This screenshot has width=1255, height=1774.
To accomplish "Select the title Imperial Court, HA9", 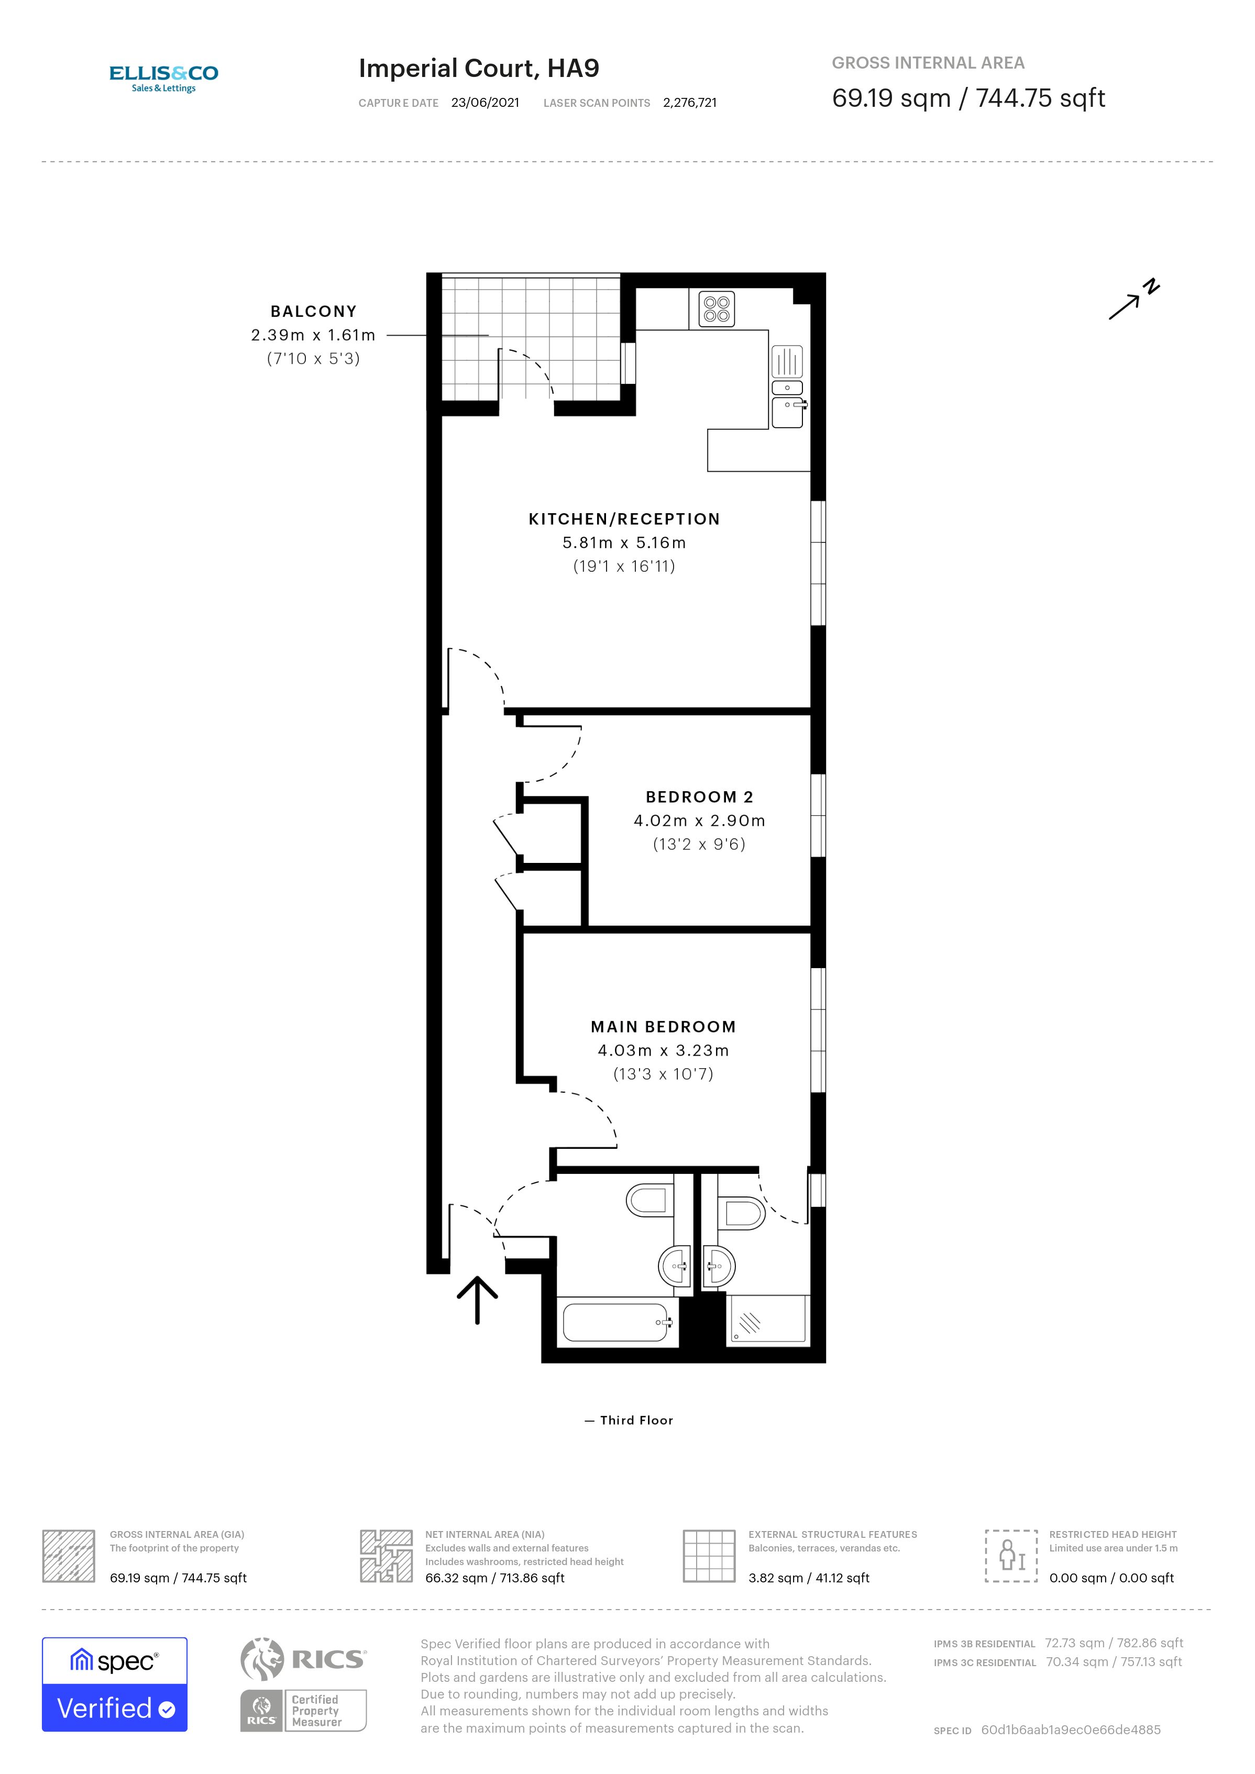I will (x=478, y=68).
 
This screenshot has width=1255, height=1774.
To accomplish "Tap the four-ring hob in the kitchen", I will (x=717, y=308).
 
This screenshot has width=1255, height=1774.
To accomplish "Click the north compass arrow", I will (x=1133, y=300).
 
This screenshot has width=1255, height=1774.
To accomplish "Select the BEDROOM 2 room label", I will (x=699, y=796).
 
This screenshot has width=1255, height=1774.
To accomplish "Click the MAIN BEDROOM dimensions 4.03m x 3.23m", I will (x=663, y=1050).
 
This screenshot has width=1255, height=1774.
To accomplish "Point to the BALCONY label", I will (x=313, y=312).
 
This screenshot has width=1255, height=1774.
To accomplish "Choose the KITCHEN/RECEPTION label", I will (x=624, y=519).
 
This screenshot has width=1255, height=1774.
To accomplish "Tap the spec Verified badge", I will (x=114, y=1683).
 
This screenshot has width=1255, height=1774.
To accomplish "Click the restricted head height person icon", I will (x=1010, y=1555).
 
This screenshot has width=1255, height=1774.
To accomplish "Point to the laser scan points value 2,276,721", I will (x=689, y=103).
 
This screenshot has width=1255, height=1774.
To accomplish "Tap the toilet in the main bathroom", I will (x=647, y=1200).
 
